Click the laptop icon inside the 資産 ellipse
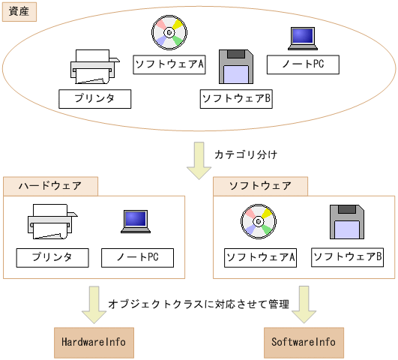pyautogui.click(x=303, y=37)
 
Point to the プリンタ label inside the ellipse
pyautogui.click(x=95, y=98)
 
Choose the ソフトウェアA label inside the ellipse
pyautogui.click(x=170, y=64)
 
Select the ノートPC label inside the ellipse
pyautogui.click(x=303, y=64)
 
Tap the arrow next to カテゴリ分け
pyautogui.click(x=199, y=160)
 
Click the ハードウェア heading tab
pyautogui.click(x=52, y=185)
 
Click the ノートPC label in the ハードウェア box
pyautogui.click(x=137, y=258)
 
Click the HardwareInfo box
pyautogui.click(x=94, y=342)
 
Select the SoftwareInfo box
pyautogui.click(x=304, y=342)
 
